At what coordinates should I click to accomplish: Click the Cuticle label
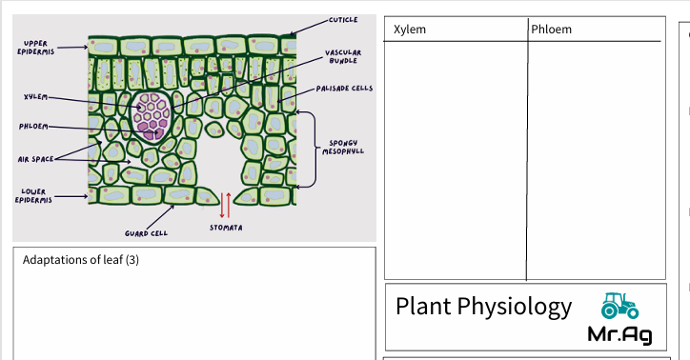[x=342, y=20]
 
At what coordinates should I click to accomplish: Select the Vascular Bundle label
[x=343, y=57]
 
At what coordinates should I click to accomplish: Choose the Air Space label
[x=35, y=159]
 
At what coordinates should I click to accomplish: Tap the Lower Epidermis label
[x=34, y=195]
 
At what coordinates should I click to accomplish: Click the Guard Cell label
[x=146, y=231]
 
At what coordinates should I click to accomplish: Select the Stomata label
[x=226, y=229]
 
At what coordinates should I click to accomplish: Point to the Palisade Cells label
[x=344, y=89]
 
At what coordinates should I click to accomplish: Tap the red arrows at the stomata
[x=225, y=205]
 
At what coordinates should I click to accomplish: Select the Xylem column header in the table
[x=409, y=30]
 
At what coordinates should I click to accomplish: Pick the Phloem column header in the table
[x=553, y=30]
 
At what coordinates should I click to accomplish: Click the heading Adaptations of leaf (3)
[x=81, y=259]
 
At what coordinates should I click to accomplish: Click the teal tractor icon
[x=619, y=306]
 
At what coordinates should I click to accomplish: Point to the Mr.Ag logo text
[x=619, y=334]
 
